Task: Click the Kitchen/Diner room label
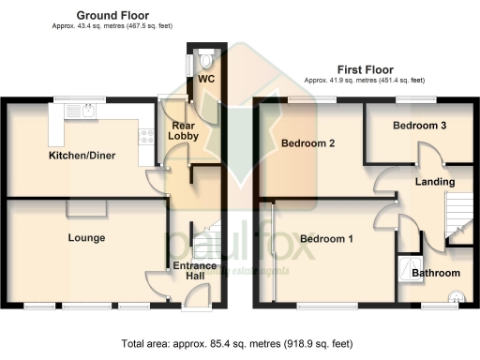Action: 82,156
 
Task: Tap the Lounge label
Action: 85,238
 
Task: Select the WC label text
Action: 205,79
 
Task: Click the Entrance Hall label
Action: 195,272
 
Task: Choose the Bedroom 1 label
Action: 326,239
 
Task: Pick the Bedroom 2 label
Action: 307,143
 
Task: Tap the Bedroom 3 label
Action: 419,125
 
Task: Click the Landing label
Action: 435,181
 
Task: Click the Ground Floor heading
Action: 112,16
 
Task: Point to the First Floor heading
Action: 366,69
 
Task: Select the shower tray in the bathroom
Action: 410,266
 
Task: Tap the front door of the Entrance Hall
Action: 196,297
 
